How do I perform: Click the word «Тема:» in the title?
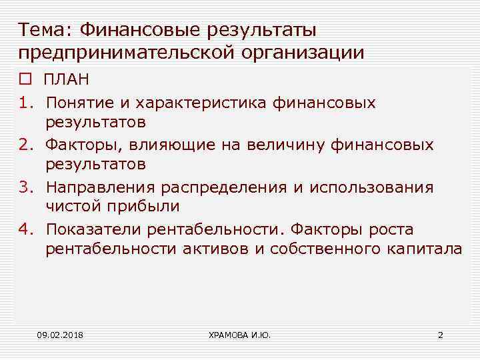click(x=45, y=31)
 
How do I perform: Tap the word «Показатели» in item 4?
click(x=92, y=230)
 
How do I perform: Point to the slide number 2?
click(x=440, y=334)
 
